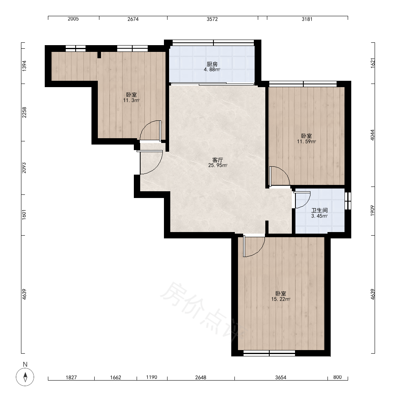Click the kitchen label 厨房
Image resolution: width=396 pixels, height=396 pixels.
(212, 64)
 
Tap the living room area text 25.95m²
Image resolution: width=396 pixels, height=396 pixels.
(218, 166)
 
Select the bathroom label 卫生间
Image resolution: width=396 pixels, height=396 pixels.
(320, 210)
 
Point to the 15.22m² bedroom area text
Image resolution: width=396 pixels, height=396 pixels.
(281, 299)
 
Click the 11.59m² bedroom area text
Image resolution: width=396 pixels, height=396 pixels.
(307, 141)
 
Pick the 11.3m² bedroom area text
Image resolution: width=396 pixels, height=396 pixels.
(131, 100)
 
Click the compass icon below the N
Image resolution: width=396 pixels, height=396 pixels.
(25, 377)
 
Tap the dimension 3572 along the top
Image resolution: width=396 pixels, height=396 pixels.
(212, 19)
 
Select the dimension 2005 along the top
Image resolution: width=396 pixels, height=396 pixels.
(73, 19)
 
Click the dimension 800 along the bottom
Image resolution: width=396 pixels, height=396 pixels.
(337, 377)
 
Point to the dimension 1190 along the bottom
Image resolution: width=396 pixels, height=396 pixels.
(152, 377)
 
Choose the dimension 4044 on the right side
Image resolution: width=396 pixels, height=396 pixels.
(373, 135)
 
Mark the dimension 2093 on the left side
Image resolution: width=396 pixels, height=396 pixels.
(24, 168)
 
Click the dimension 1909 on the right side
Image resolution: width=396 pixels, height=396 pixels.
(373, 211)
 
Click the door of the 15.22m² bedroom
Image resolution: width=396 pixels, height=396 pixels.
(253, 246)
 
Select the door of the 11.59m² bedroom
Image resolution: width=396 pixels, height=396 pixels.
(280, 176)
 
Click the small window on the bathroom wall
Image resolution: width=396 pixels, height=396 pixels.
(348, 201)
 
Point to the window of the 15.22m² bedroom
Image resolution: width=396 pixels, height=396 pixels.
(269, 353)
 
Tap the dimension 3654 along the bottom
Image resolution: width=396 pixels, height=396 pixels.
(281, 377)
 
